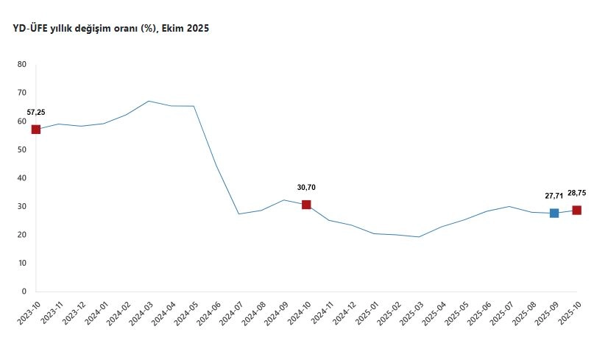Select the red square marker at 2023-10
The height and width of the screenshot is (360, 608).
(35, 130)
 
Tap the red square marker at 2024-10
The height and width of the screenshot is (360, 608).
(306, 205)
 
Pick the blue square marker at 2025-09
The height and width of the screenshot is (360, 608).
(554, 213)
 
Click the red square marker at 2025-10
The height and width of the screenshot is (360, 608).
(577, 210)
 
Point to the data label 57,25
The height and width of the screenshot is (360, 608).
(36, 113)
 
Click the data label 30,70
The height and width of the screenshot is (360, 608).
(306, 188)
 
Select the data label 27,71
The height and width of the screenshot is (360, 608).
(554, 197)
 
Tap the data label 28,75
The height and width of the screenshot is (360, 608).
(576, 193)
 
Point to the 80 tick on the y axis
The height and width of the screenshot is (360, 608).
(21, 65)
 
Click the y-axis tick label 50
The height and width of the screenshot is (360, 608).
(21, 149)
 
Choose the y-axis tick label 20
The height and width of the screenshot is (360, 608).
(21, 235)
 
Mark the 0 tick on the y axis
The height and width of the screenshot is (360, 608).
(24, 292)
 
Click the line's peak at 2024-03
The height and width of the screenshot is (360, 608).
(149, 101)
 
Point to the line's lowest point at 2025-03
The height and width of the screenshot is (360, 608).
(419, 237)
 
